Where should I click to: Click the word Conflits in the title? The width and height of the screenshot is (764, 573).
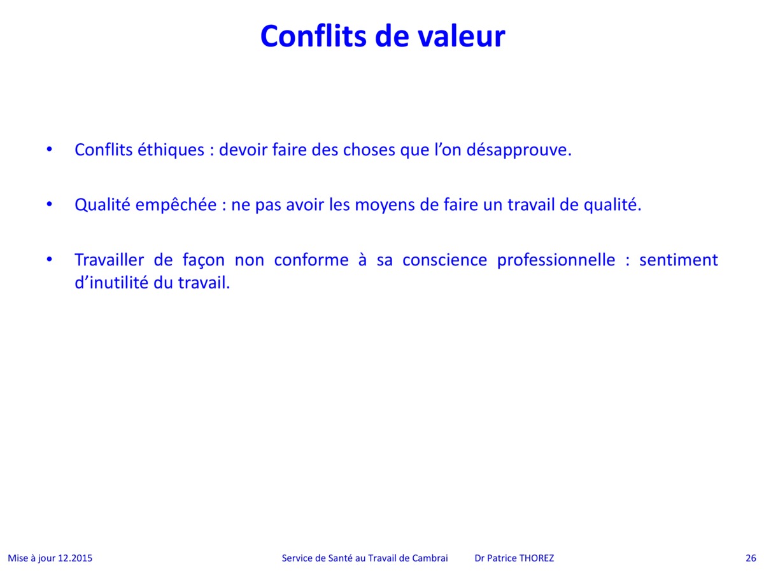click(313, 36)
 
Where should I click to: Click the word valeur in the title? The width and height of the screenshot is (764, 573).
click(462, 36)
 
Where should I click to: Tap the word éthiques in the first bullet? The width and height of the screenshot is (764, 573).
click(171, 150)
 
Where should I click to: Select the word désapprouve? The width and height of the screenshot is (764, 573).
click(519, 151)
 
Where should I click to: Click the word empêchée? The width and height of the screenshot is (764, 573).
click(176, 205)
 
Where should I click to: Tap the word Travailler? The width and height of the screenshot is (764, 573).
click(110, 260)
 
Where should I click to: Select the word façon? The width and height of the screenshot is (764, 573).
click(204, 260)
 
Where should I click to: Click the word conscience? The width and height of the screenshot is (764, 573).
click(445, 260)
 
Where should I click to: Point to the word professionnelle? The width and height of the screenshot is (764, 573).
click(556, 260)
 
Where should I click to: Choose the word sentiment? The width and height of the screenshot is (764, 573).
click(679, 260)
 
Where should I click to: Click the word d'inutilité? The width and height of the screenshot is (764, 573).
click(111, 283)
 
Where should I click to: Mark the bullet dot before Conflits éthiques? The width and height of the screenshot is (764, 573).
click(50, 150)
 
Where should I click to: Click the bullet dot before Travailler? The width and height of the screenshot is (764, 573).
click(50, 260)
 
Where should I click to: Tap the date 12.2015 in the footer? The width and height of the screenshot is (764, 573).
click(75, 558)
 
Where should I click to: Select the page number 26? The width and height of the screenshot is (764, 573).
click(751, 558)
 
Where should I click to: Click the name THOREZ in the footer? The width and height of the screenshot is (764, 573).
click(536, 558)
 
